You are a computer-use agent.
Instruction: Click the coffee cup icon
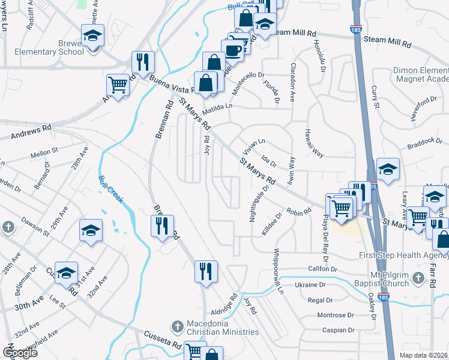(x=232, y=49)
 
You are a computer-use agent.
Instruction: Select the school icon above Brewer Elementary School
(x=92, y=35)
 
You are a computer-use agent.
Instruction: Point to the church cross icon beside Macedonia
(x=176, y=327)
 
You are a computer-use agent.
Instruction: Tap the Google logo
(x=20, y=353)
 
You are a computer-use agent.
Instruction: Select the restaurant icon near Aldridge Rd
(x=205, y=271)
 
